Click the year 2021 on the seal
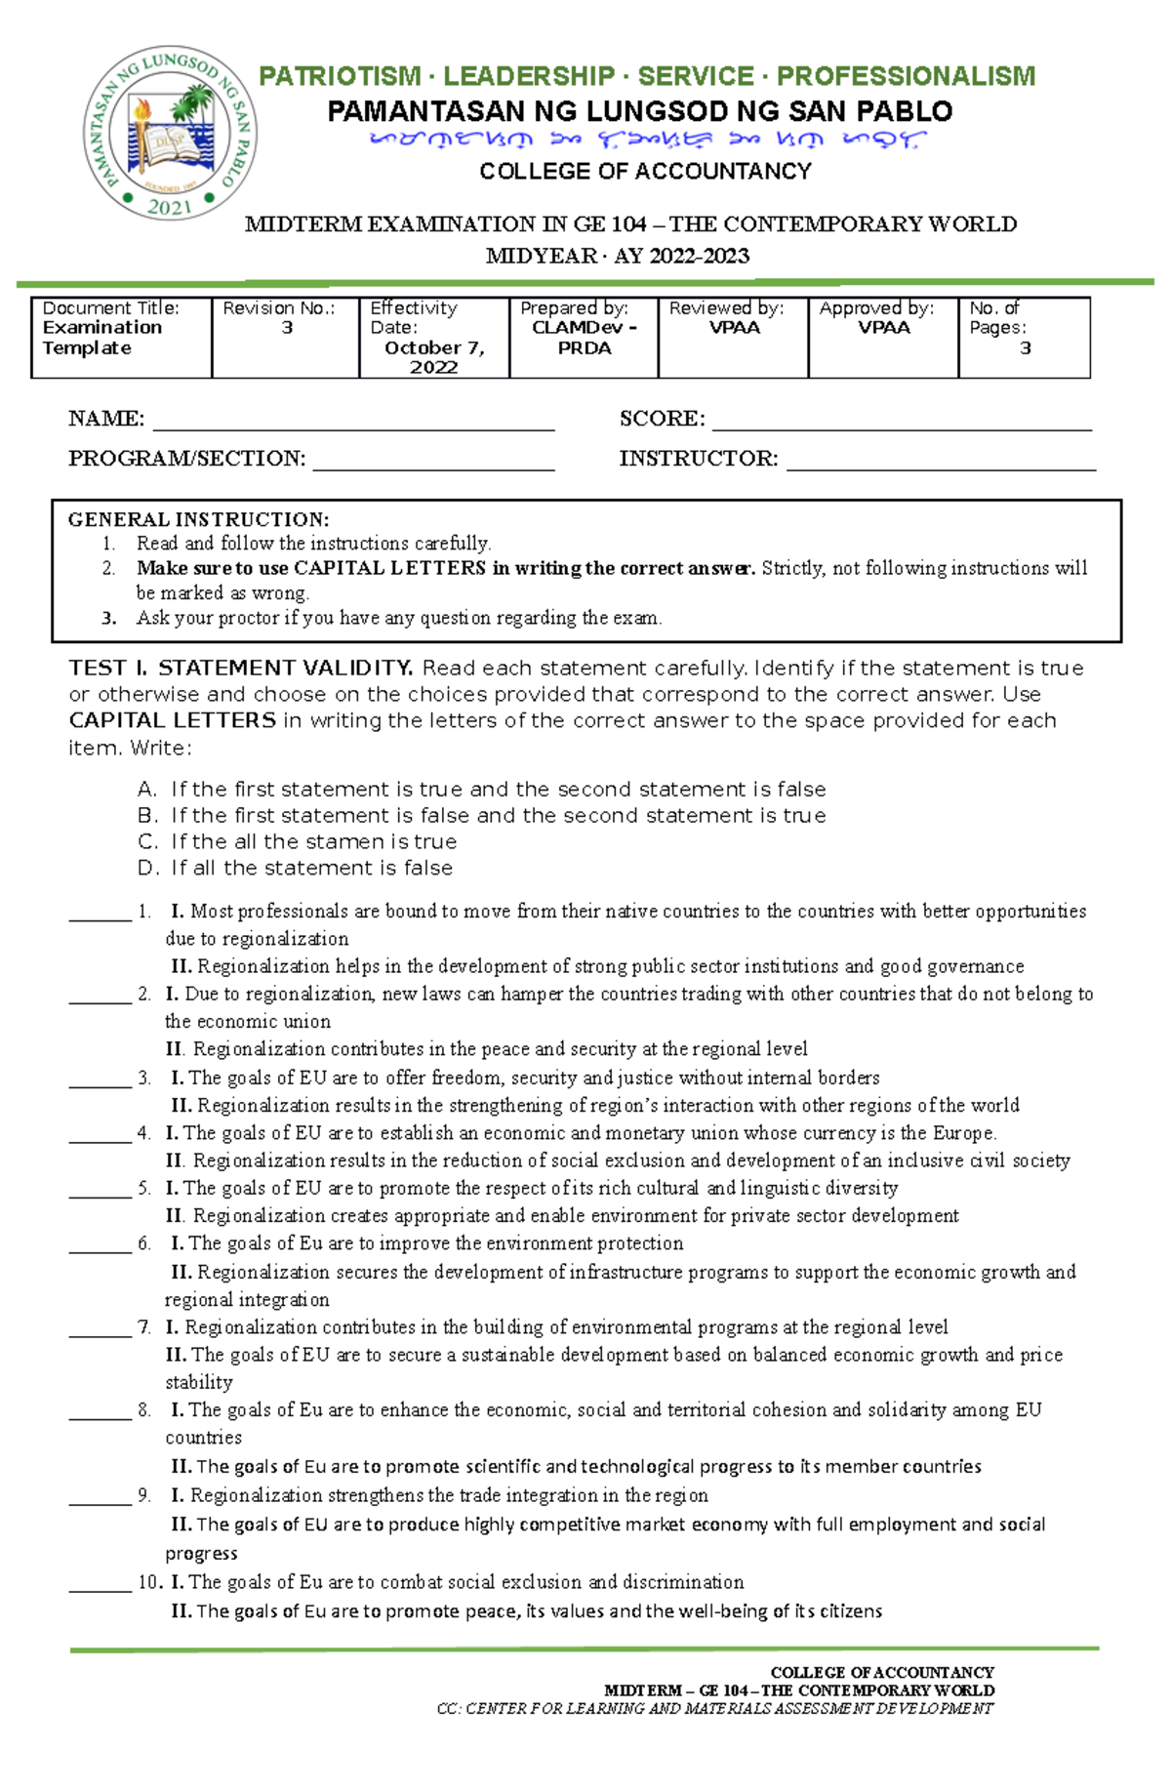click(170, 207)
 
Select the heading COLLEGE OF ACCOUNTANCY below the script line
click(645, 172)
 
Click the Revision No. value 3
click(287, 328)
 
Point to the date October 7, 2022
click(434, 357)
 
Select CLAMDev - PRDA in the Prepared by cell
click(584, 338)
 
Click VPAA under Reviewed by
click(734, 328)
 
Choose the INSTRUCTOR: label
click(699, 459)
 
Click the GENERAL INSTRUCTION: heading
click(198, 519)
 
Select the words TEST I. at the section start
click(107, 669)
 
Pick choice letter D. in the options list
click(147, 868)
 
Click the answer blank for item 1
click(100, 914)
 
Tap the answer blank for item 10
click(100, 1584)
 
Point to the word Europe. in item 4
click(963, 1133)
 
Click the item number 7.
click(144, 1327)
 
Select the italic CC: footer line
click(714, 1709)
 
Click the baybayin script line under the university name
click(645, 141)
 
